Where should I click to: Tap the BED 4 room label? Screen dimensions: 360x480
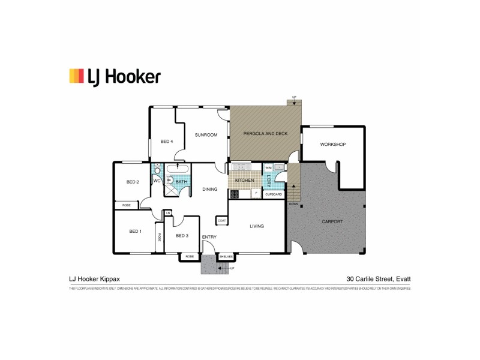click(x=167, y=142)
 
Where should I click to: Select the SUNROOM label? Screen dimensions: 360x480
click(x=206, y=135)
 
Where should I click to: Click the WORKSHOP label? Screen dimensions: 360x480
click(x=332, y=145)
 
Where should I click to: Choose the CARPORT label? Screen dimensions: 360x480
click(x=332, y=221)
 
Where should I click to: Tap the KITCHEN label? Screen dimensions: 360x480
click(x=244, y=180)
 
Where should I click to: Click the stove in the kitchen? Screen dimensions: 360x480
click(x=234, y=194)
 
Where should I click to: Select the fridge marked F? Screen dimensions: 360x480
click(x=255, y=194)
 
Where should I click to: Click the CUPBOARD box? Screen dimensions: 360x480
click(x=274, y=194)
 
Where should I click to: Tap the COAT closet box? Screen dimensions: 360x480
click(x=221, y=221)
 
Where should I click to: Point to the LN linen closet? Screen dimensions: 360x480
click(x=168, y=212)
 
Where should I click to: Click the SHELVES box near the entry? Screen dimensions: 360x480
click(x=226, y=256)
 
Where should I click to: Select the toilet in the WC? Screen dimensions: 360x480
click(x=158, y=170)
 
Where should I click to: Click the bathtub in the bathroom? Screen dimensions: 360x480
click(x=178, y=168)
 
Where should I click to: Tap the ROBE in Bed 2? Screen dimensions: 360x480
click(x=127, y=205)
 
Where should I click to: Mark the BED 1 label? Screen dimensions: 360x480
click(x=136, y=231)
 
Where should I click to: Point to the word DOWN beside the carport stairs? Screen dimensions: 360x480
click(x=293, y=204)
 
